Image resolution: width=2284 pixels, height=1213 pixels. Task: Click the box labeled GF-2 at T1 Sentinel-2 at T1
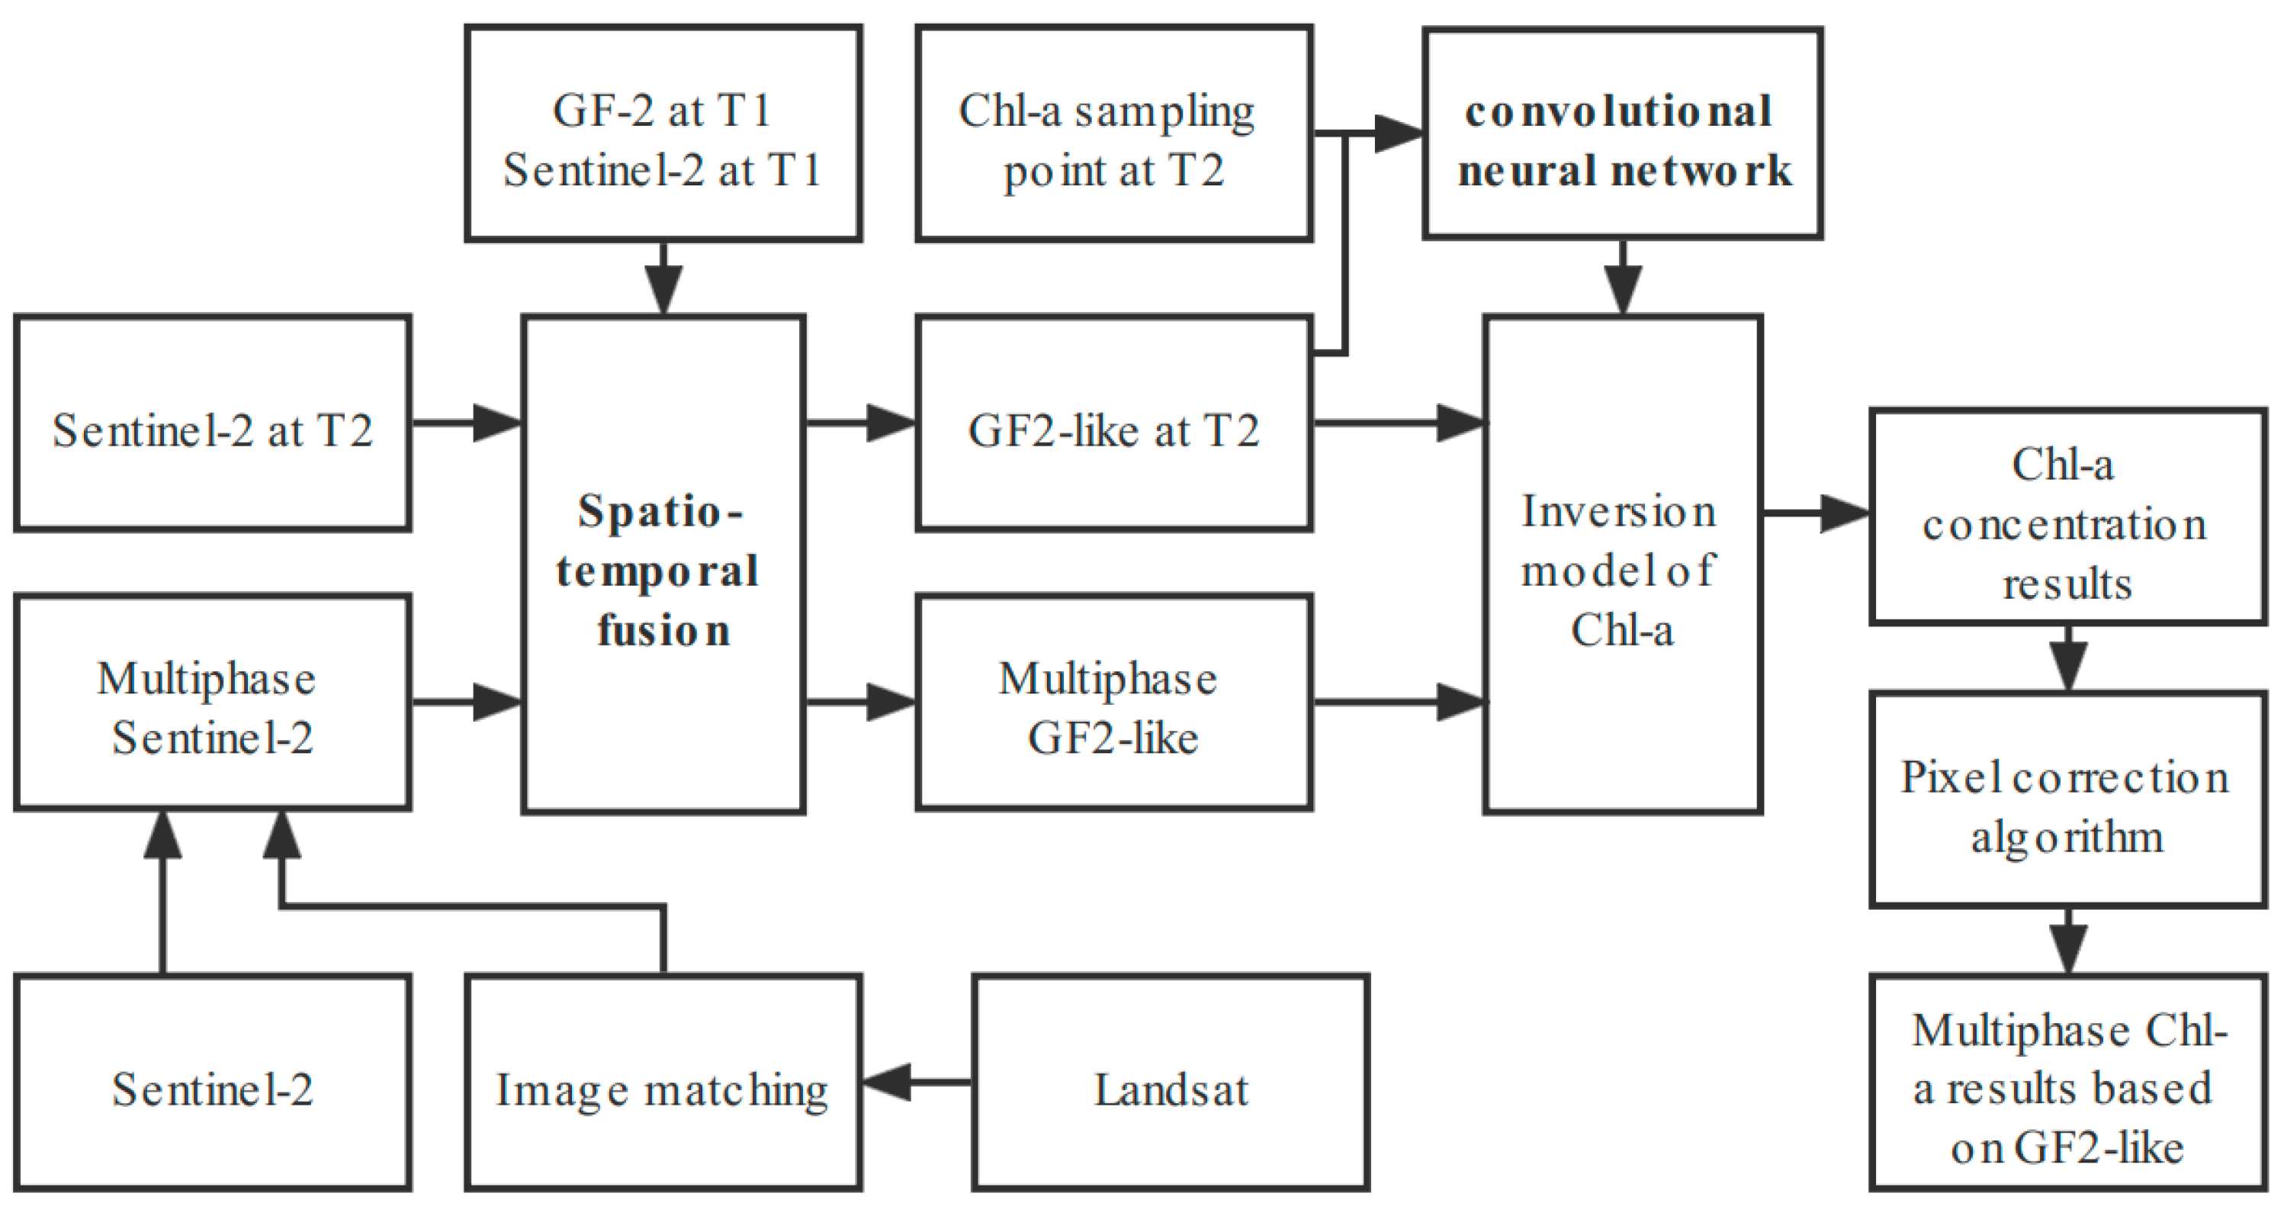tap(663, 133)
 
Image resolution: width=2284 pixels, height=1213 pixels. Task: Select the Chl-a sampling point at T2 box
tap(1113, 133)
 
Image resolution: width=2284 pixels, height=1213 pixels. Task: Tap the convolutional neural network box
tap(1623, 133)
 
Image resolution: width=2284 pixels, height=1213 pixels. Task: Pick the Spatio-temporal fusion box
tap(663, 564)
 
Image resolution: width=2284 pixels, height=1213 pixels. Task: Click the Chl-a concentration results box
tap(2067, 518)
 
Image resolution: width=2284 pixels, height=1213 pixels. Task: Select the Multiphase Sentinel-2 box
tap(213, 703)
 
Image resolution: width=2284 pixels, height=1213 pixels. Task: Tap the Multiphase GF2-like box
tap(1113, 703)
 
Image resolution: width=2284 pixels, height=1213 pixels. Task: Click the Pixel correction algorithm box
tap(2067, 800)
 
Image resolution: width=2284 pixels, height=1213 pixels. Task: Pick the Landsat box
tap(1171, 1082)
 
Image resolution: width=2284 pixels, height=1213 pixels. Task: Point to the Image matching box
tap(663, 1082)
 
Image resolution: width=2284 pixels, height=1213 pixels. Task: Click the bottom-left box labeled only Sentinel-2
tap(213, 1082)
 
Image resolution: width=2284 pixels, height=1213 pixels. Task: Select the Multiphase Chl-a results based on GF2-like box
tap(2067, 1082)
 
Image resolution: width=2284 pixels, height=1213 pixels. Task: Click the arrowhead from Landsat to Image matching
tap(887, 1082)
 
